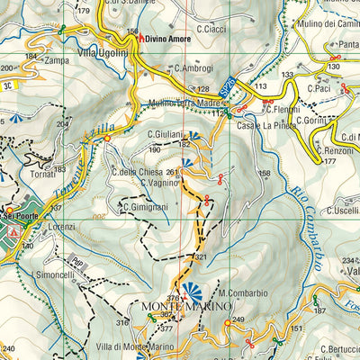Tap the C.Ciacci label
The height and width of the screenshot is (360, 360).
click(x=211, y=29)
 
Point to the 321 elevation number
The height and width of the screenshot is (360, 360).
click(x=200, y=257)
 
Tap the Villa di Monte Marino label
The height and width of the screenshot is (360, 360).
click(x=135, y=346)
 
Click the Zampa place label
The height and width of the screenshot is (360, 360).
click(x=57, y=60)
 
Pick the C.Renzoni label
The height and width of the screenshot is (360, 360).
click(x=336, y=151)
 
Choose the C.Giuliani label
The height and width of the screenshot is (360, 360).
click(x=166, y=135)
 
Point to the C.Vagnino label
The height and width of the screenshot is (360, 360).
click(x=159, y=183)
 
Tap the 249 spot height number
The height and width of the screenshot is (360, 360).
click(x=238, y=320)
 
